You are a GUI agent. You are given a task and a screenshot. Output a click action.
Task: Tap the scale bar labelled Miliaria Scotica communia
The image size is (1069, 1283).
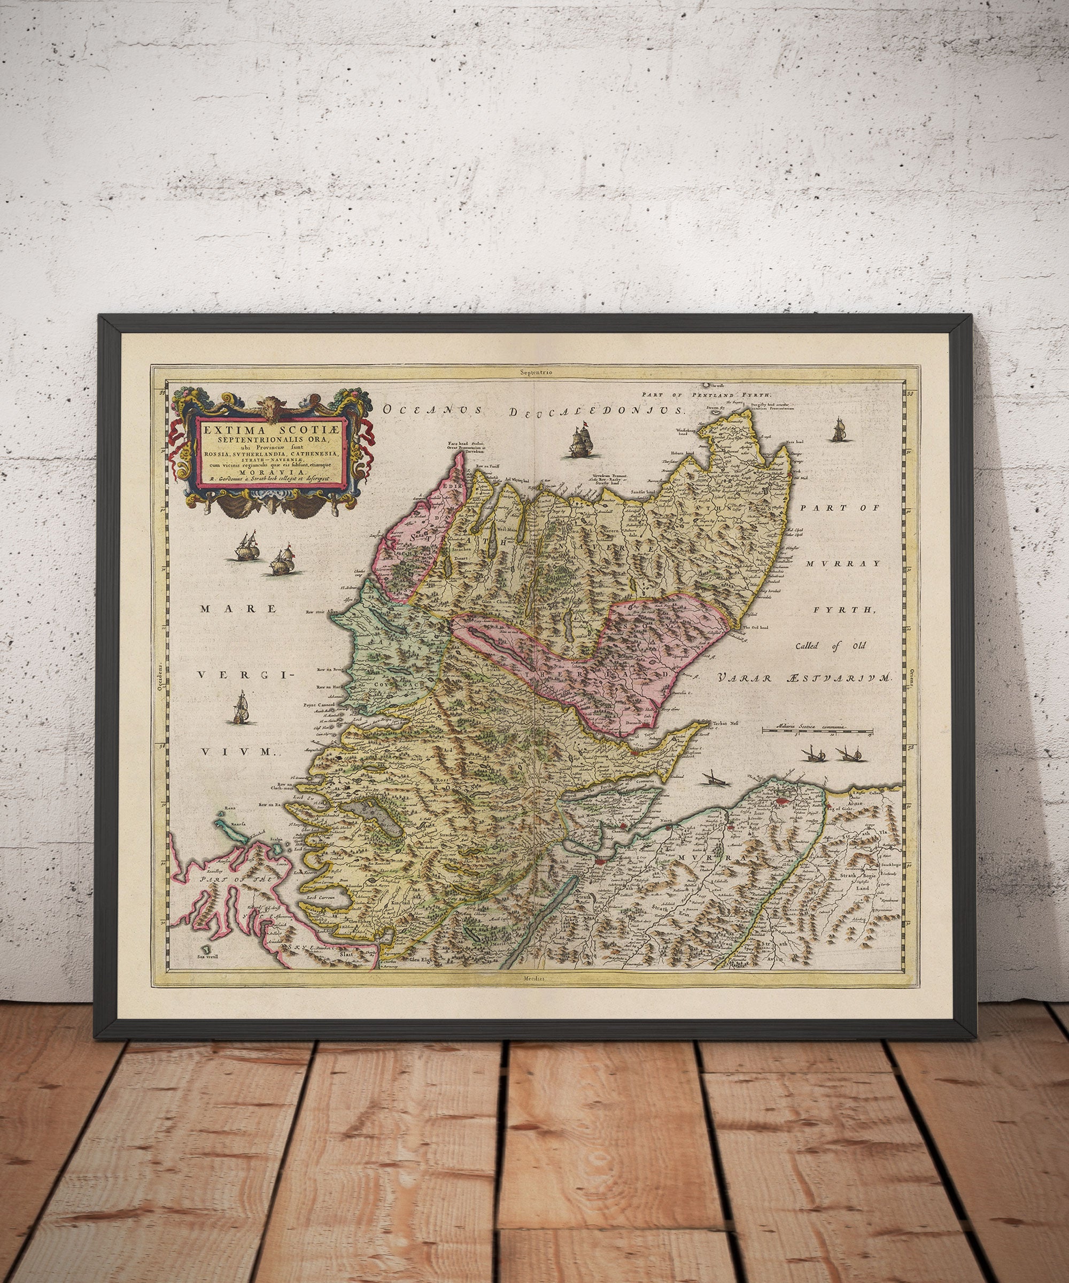tap(818, 730)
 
